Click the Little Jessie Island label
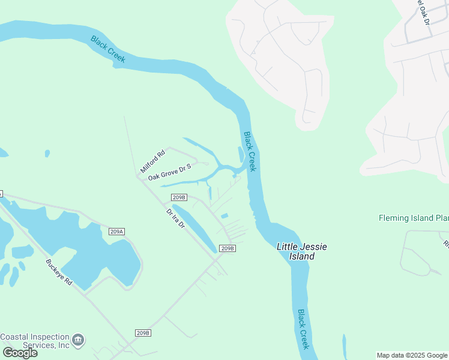[x=296, y=251]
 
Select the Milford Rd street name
[x=152, y=162]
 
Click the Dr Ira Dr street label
[x=175, y=220]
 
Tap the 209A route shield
[x=116, y=232]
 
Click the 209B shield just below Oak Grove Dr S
[x=179, y=197]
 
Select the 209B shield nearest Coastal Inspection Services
[x=142, y=332]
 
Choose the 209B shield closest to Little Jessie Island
[x=226, y=248]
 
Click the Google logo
[x=20, y=353]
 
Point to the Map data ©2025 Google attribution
[x=412, y=355]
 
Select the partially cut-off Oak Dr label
[x=422, y=12]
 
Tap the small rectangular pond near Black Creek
[x=224, y=216]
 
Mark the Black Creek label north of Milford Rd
[x=107, y=49]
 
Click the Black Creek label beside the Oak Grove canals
[x=250, y=152]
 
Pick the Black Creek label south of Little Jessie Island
[x=304, y=329]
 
